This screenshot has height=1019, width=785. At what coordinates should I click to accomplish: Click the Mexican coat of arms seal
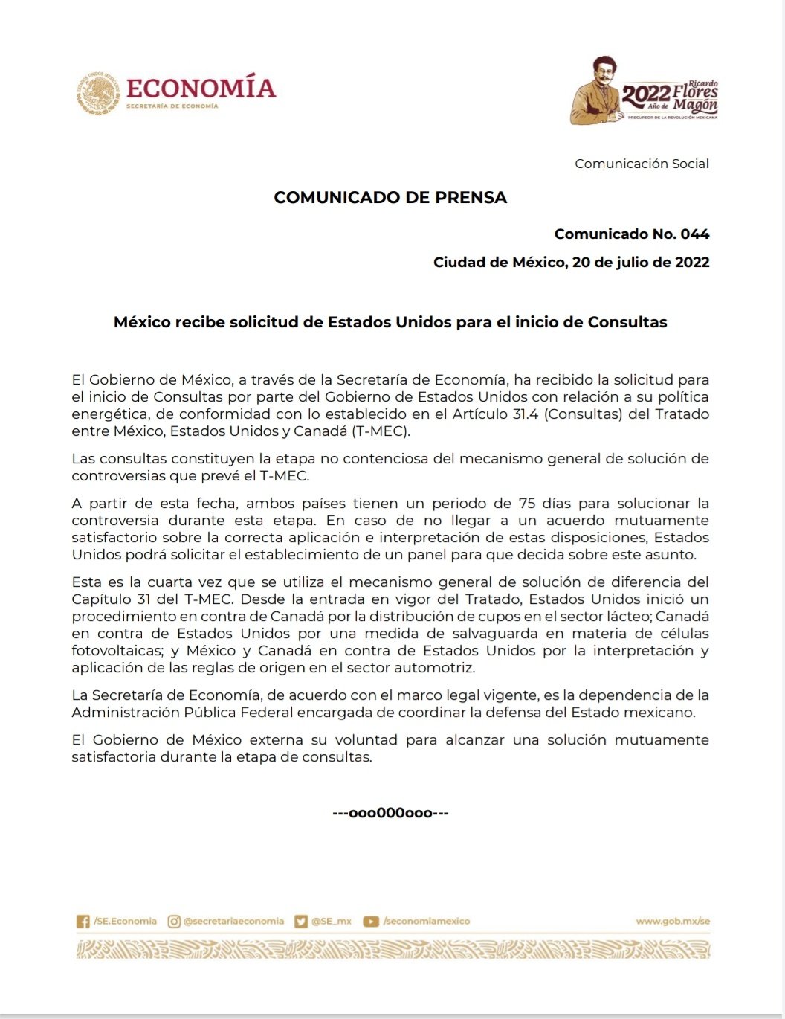click(x=98, y=93)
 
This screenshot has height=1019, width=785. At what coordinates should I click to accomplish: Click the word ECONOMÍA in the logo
click(x=201, y=88)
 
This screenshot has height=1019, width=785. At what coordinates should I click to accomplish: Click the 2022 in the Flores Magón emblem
click(x=645, y=94)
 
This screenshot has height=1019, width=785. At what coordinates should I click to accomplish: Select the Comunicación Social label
click(x=642, y=164)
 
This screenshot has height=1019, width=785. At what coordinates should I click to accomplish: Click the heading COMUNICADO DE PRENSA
click(x=390, y=197)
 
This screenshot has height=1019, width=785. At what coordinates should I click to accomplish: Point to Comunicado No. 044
click(x=631, y=234)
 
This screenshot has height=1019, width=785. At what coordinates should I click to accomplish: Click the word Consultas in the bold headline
click(x=627, y=322)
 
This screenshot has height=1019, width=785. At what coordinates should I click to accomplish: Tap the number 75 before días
click(x=527, y=503)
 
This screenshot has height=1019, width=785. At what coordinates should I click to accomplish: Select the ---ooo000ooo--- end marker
click(x=390, y=813)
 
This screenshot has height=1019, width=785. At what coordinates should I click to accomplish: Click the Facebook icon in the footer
click(x=83, y=922)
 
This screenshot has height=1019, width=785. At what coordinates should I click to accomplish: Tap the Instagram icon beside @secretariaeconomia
click(x=174, y=922)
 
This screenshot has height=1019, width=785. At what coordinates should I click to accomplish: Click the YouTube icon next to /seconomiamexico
click(x=371, y=922)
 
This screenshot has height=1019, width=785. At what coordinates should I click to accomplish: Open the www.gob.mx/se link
click(x=673, y=921)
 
